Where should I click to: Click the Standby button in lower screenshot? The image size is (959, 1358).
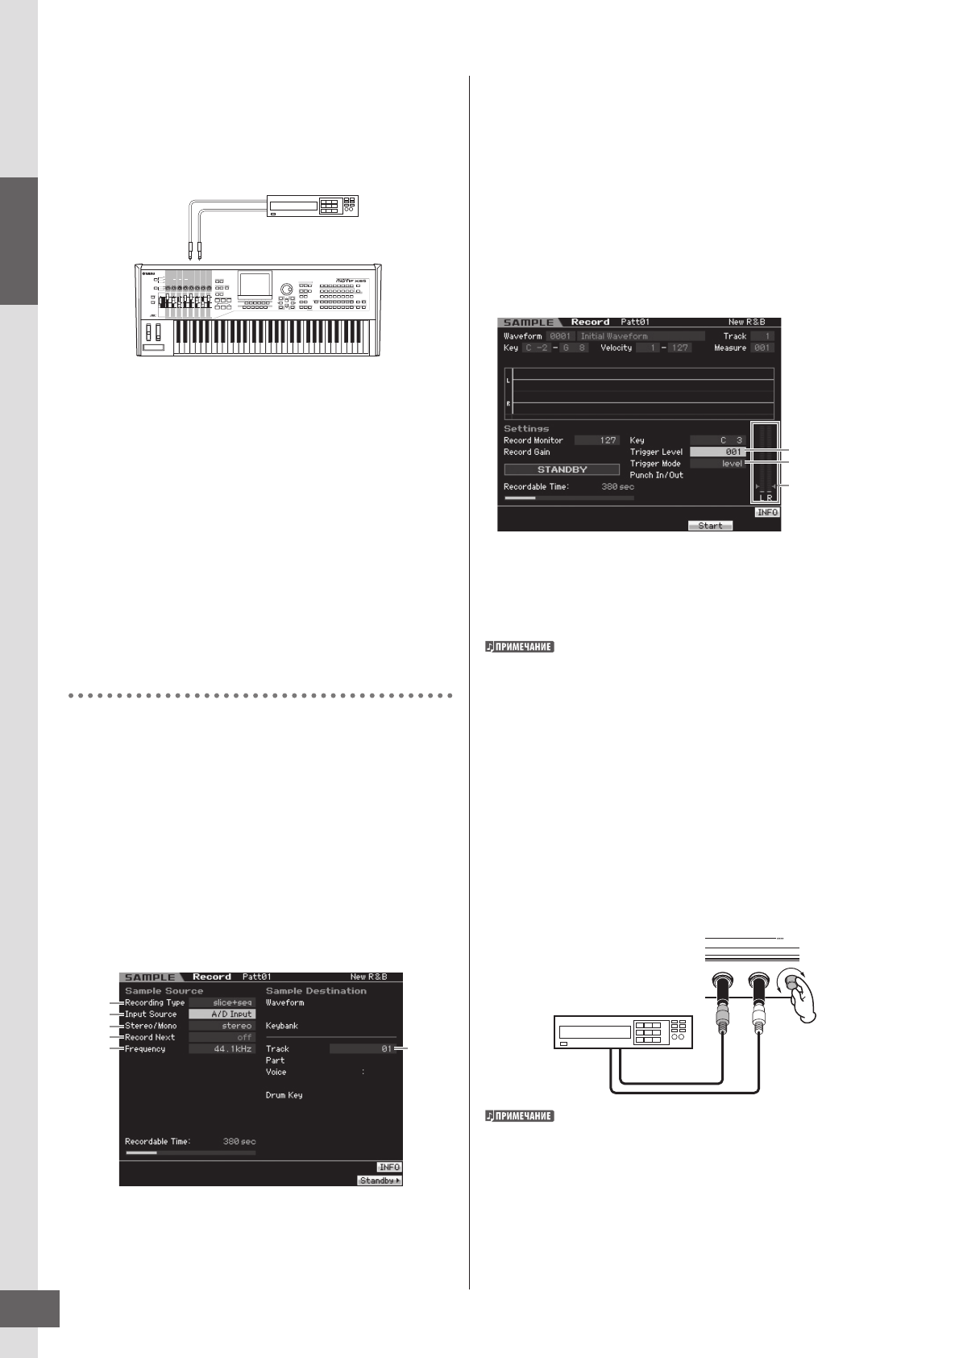(380, 1181)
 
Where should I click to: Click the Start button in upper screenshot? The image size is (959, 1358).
(710, 526)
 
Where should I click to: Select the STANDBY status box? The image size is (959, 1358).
(562, 469)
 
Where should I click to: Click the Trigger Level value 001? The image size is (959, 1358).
(717, 452)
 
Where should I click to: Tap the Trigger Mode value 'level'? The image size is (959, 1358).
(717, 464)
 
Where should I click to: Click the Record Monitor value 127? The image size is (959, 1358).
(596, 440)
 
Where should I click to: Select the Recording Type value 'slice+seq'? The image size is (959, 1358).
(222, 1003)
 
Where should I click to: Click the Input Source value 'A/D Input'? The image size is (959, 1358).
(222, 1014)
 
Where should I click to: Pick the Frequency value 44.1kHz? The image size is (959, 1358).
(222, 1049)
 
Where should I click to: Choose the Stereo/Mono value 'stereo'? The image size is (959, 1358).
(222, 1026)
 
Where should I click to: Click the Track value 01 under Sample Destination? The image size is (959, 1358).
(362, 1049)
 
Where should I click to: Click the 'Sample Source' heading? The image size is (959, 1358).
(164, 991)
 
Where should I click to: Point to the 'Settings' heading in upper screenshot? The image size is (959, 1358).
(526, 429)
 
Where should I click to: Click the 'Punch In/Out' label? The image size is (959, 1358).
(656, 475)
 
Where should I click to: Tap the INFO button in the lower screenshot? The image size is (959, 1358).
(389, 1167)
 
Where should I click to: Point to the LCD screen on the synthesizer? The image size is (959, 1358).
(255, 285)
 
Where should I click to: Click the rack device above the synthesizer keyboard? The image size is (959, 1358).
(313, 206)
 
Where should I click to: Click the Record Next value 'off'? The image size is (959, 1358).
(222, 1038)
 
